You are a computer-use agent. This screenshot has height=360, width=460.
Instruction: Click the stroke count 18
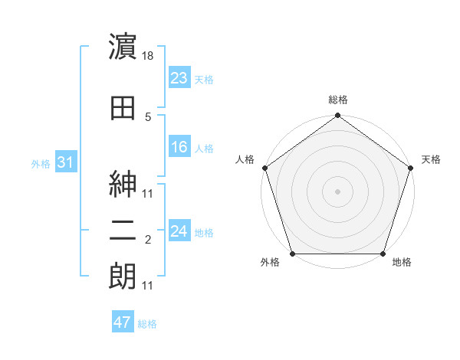149,57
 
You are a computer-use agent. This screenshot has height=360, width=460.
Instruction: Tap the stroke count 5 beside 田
148,117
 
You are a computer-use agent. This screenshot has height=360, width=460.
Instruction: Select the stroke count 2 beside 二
148,240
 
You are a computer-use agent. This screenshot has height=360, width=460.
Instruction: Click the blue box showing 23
179,78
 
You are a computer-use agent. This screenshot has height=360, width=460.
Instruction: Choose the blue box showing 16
179,147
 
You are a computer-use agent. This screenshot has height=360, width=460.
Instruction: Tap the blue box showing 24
179,231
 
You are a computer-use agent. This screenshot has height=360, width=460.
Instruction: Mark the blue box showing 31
65,162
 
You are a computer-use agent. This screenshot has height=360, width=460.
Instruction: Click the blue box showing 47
122,322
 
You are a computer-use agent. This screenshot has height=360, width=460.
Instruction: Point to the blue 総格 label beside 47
147,324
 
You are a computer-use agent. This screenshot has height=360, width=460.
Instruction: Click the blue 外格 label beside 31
40,163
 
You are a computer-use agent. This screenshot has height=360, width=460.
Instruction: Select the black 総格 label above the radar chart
337,100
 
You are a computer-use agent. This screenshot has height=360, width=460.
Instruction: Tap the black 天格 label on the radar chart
431,159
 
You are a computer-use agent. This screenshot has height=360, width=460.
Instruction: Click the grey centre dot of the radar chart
337,191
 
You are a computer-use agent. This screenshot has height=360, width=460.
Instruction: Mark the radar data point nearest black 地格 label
383,254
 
